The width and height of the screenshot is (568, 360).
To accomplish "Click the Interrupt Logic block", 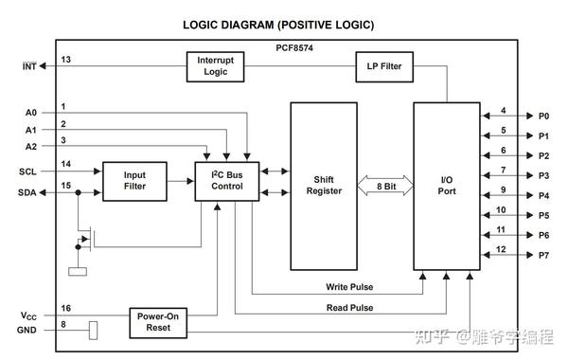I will (x=215, y=66).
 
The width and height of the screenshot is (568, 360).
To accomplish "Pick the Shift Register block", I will (x=324, y=186).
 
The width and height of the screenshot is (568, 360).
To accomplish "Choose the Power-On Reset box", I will (x=157, y=322).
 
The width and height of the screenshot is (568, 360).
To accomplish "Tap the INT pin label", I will (x=30, y=65).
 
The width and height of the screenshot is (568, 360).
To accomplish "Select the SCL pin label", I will (x=28, y=171).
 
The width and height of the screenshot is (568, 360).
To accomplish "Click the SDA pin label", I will (x=28, y=191).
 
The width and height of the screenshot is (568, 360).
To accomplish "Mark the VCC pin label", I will (x=29, y=315).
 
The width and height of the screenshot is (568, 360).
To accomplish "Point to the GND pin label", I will (x=28, y=330).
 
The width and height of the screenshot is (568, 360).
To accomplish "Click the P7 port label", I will (x=543, y=256).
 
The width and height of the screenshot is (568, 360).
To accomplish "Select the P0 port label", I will (x=543, y=116).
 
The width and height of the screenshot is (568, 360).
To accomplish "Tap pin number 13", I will (x=65, y=59).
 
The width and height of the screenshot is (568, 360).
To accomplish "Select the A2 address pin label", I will (x=30, y=147).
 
